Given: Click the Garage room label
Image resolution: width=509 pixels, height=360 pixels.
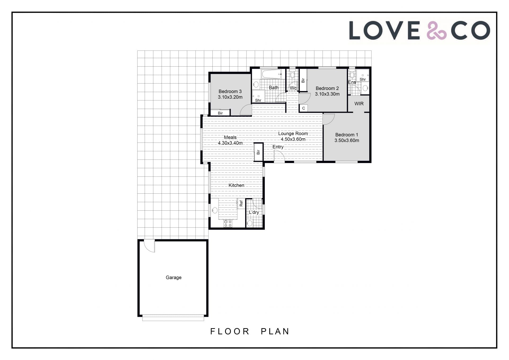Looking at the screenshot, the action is click(174, 277).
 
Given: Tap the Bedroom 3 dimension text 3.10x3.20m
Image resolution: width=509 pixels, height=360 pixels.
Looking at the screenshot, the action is click(230, 97).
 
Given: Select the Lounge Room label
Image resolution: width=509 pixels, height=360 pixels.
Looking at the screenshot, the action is click(293, 133).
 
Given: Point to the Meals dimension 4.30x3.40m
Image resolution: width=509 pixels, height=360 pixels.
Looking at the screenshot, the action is click(230, 143).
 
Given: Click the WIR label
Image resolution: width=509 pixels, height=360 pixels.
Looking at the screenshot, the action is click(359, 104).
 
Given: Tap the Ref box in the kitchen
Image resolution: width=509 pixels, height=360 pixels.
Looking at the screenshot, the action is click(241, 203).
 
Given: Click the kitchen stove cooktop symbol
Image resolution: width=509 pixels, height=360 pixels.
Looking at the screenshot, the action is click(228, 223).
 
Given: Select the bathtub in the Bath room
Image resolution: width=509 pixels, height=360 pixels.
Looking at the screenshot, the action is click(271, 74).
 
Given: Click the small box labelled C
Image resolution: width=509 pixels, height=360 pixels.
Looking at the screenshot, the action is click(304, 108).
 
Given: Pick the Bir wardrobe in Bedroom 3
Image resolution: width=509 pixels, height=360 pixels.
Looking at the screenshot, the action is click(220, 113).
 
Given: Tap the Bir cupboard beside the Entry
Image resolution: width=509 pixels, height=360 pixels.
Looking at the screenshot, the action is click(258, 152).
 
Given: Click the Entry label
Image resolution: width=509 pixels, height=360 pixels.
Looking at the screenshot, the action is click(278, 147).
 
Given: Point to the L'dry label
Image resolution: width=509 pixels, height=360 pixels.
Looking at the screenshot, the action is click(254, 212).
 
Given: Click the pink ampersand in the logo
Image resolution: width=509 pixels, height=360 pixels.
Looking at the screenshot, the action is click(437, 31).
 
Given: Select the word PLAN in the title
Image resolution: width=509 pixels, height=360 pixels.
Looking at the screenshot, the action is click(275, 331).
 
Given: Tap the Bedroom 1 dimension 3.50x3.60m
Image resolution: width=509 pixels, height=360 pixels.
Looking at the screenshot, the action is click(347, 141).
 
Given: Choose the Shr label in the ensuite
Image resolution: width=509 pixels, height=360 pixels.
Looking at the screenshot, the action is click(363, 79).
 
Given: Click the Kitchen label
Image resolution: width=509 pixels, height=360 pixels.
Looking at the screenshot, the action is click(236, 185).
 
